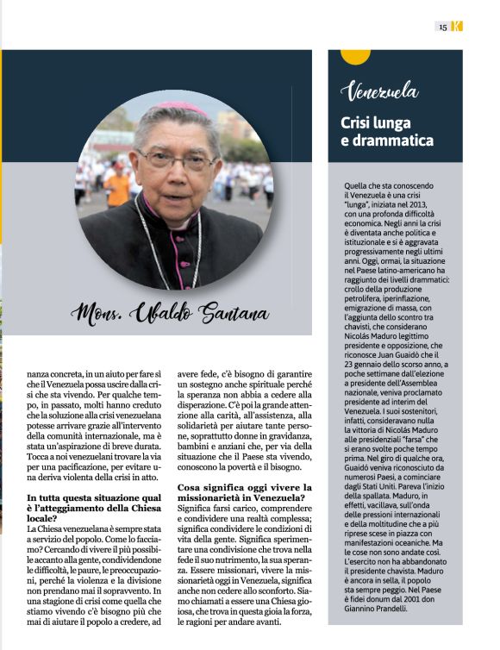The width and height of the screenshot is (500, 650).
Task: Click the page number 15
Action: click(x=442, y=27)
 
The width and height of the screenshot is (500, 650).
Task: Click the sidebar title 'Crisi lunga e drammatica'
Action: click(x=386, y=131)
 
